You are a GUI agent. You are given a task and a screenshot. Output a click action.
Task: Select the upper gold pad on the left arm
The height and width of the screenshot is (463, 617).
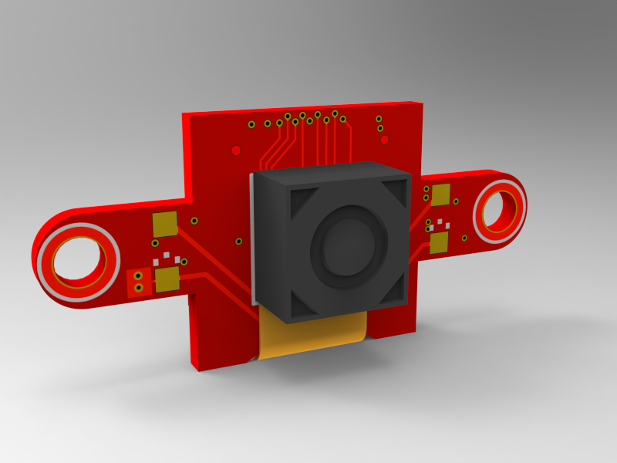tap(165, 224)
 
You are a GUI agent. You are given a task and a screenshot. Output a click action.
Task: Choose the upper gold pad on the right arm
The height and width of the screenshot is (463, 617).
tap(440, 194)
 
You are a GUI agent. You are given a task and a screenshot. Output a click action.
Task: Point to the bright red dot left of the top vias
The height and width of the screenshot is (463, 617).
tap(237, 150)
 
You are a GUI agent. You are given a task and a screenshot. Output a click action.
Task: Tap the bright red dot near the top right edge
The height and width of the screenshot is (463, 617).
tap(384, 140)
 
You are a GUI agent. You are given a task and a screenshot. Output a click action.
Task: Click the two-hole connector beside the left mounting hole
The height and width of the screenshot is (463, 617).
tap(138, 282)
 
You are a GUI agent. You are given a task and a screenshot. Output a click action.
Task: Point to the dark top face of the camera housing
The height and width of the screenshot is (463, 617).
tap(328, 174)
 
